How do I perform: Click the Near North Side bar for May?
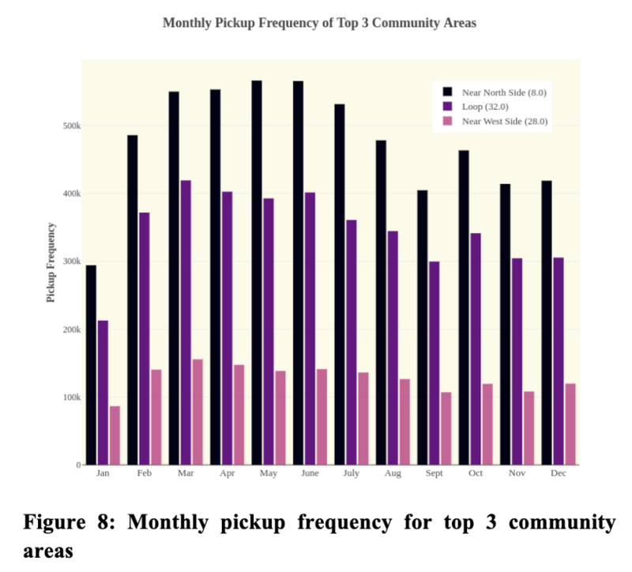257,273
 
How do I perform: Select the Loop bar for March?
186,322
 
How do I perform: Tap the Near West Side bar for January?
115,435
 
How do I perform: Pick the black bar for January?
91,365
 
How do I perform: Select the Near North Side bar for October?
463,307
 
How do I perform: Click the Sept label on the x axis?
434,473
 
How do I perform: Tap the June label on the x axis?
310,473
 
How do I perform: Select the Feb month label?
145,473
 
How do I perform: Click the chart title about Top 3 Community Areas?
319,23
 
